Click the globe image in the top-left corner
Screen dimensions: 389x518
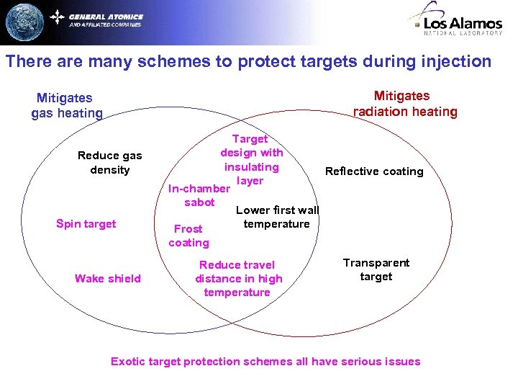[x=24, y=22]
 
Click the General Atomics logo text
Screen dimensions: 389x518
[x=106, y=17]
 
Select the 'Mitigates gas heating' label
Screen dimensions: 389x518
[x=67, y=105]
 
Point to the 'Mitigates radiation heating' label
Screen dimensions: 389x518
[x=405, y=104]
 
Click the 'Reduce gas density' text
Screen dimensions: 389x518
[x=110, y=163]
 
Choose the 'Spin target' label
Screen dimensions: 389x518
[x=86, y=224]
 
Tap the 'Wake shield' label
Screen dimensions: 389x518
[x=108, y=279]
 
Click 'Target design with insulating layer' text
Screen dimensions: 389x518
[x=251, y=159]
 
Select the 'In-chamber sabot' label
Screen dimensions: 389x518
[x=199, y=196]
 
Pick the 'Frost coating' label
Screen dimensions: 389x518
[x=188, y=236]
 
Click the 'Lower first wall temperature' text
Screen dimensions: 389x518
[x=277, y=217]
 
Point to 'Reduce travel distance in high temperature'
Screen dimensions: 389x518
[x=238, y=279]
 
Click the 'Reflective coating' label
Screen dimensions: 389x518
[x=374, y=171]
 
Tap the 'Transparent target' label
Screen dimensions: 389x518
[x=376, y=269]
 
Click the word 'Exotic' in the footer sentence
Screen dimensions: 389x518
[x=128, y=362]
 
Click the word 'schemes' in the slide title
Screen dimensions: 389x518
[x=179, y=61]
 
